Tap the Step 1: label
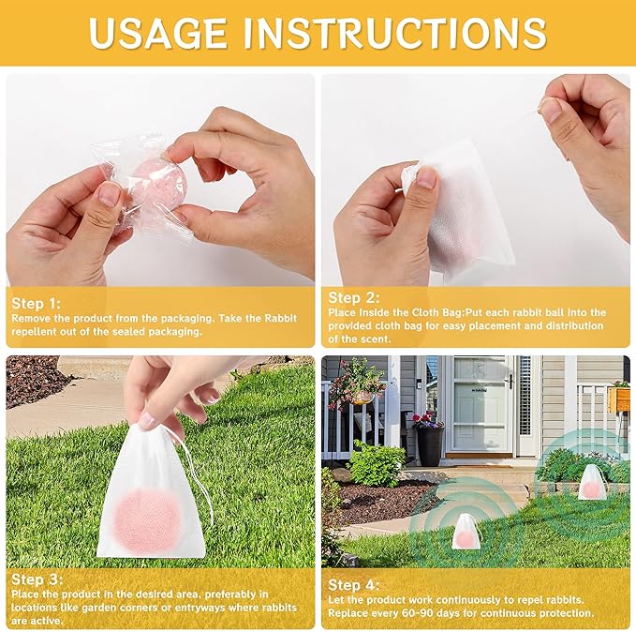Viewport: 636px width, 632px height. [36, 303]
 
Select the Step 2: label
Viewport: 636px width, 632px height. [352, 296]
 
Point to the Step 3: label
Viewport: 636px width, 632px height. [36, 579]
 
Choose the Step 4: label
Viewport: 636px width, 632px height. [353, 584]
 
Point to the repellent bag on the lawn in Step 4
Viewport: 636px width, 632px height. [466, 532]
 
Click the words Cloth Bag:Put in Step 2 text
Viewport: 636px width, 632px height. [434, 312]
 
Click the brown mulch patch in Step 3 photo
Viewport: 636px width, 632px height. [33, 380]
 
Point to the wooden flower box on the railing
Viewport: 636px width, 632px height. [618, 398]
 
